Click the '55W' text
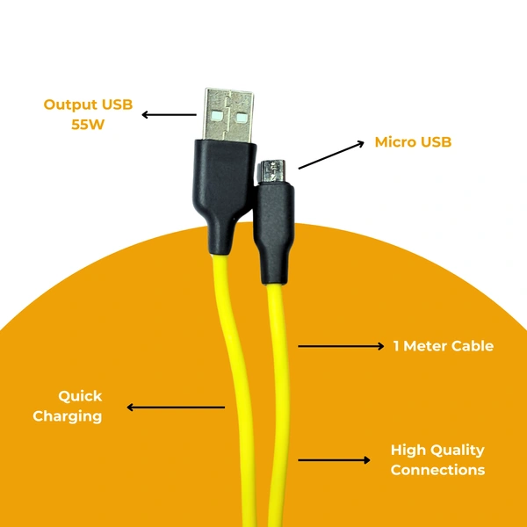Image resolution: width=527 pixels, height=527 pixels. (x=88, y=124)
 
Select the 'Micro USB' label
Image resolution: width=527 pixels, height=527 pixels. (x=413, y=141)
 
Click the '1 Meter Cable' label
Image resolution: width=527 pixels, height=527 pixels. (x=443, y=346)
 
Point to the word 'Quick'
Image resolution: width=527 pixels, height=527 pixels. (x=80, y=396)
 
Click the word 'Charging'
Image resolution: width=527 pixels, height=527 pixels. (x=68, y=415)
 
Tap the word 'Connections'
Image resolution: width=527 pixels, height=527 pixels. (x=437, y=470)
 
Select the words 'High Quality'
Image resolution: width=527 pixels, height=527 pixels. (x=437, y=451)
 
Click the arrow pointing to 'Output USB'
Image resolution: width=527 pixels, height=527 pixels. (x=169, y=114)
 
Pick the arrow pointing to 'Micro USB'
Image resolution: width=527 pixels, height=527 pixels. (x=332, y=154)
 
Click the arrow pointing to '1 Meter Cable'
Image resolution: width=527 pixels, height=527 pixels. (x=342, y=346)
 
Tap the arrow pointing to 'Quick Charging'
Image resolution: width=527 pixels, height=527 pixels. (x=176, y=407)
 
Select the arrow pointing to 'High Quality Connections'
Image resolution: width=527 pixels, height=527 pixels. (x=335, y=459)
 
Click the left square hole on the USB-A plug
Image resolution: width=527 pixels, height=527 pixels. (x=218, y=115)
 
